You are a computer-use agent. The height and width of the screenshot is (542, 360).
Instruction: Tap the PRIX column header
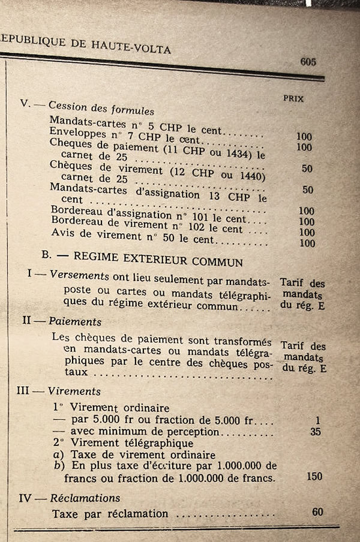pyautogui.click(x=293, y=98)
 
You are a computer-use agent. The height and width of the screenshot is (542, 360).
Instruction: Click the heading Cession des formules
pyautogui.click(x=101, y=109)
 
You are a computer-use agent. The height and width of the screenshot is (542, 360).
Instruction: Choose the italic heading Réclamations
pyautogui.click(x=85, y=498)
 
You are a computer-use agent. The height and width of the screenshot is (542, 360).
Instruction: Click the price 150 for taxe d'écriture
pyautogui.click(x=313, y=477)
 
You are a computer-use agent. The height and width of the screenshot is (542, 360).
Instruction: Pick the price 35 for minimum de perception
pyautogui.click(x=316, y=430)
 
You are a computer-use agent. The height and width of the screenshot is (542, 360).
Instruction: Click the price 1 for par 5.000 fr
pyautogui.click(x=319, y=419)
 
